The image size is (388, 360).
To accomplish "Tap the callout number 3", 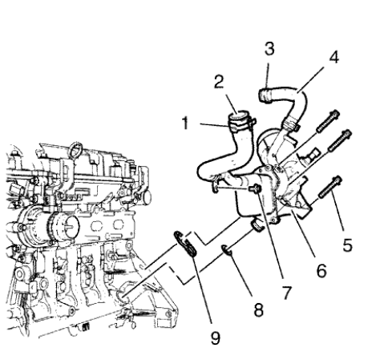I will pyautogui.click(x=270, y=49).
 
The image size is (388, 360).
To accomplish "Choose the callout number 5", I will pyautogui.click(x=347, y=245).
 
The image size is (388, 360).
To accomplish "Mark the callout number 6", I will pyautogui.click(x=321, y=270).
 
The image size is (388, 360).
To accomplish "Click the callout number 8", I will pyautogui.click(x=258, y=309).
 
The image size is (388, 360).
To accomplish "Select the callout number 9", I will pyautogui.click(x=215, y=337).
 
